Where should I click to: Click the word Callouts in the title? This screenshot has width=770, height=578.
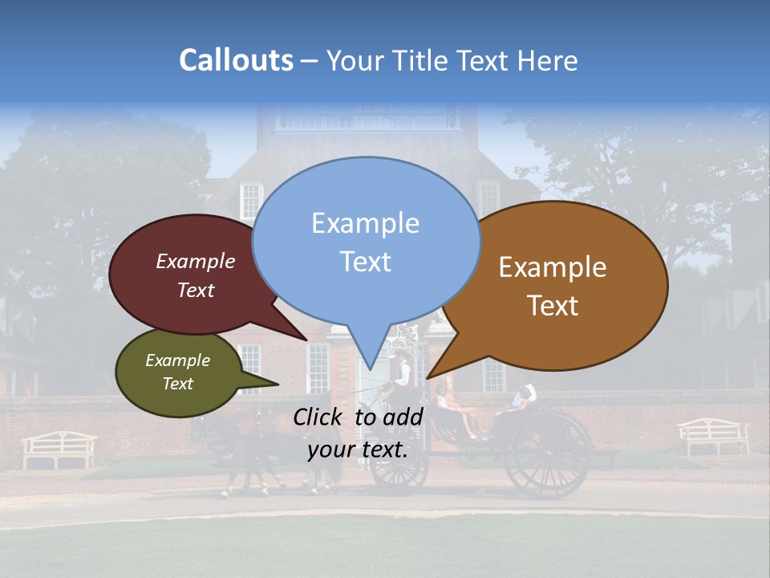(236, 60)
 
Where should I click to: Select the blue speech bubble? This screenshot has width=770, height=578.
(366, 241)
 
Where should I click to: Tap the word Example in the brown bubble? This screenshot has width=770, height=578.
(553, 267)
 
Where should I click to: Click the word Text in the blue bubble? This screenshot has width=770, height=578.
(366, 262)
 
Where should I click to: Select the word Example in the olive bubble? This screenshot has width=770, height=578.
(177, 360)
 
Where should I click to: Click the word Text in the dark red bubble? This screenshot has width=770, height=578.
(196, 290)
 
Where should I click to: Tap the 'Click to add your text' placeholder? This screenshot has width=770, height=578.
(358, 433)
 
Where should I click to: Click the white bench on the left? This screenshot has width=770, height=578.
(59, 448)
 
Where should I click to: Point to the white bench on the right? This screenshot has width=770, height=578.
(714, 436)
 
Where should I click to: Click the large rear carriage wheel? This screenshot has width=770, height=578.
(549, 454)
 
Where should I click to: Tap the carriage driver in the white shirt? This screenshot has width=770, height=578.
(402, 372)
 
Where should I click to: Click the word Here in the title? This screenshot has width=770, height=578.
(547, 61)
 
